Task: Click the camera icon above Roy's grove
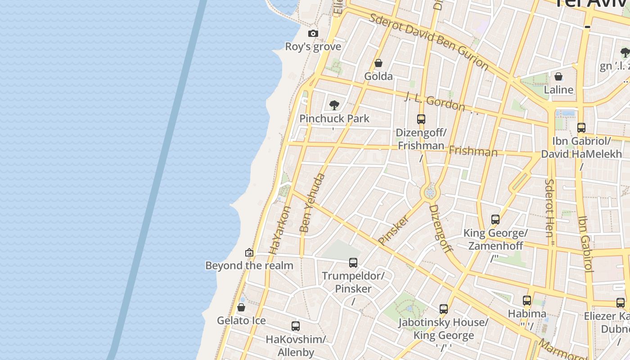pos(313,34)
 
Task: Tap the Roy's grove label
pos(313,47)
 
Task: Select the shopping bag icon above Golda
pos(378,63)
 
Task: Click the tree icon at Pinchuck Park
pos(334,105)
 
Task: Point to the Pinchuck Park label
pos(334,119)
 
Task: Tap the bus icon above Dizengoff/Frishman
pos(421,119)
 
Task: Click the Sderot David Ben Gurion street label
pos(428,41)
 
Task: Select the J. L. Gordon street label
pos(435,102)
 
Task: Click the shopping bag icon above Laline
pos(558,76)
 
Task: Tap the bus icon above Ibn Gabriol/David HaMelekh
pos(581,128)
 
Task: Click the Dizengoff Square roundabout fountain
pos(430,193)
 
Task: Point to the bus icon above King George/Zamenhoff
pos(495,220)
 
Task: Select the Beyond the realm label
pos(249,265)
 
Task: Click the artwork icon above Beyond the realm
pos(249,252)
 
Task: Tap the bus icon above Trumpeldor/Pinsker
pos(353,262)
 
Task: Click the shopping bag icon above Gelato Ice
pos(241,307)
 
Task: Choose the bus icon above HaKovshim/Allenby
pos(296,326)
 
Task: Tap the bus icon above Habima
pos(527,301)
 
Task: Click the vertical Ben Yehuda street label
pos(312,203)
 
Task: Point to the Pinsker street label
pos(394,230)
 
